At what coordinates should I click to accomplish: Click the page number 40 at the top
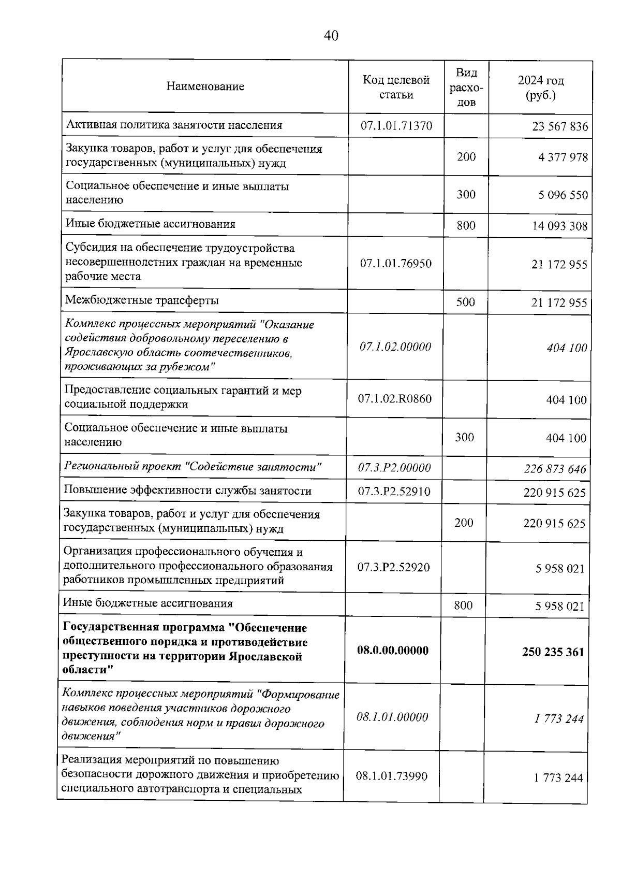331,36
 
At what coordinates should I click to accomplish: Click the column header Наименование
205,87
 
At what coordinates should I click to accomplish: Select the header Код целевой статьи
396,87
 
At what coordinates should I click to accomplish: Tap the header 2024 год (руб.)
541,88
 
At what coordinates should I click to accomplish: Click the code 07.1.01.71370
396,126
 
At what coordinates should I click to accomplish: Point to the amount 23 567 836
560,127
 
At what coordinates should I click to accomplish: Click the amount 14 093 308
560,226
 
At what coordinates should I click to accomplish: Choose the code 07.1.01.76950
396,264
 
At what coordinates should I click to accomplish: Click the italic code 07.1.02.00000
395,347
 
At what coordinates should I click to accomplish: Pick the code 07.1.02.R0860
395,399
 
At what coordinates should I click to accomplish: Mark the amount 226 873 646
555,469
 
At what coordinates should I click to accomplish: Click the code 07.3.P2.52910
394,492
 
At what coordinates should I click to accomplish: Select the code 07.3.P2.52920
393,568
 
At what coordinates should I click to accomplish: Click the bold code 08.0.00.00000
393,651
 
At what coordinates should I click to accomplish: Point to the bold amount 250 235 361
553,652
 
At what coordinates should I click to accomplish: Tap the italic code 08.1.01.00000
392,717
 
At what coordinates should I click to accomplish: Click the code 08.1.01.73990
392,776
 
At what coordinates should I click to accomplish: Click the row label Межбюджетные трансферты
142,300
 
